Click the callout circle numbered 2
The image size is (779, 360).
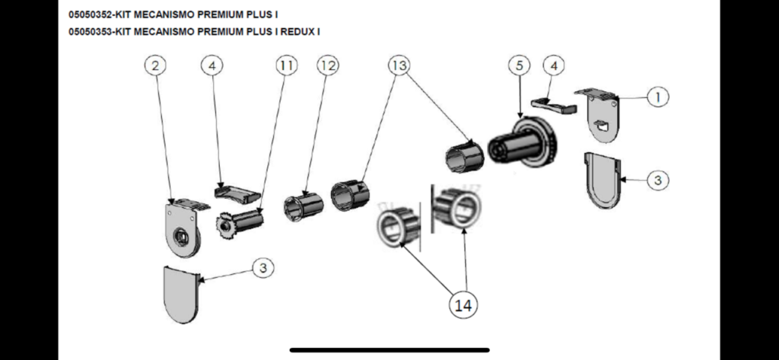tap(155, 66)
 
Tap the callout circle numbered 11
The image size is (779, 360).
tap(285, 66)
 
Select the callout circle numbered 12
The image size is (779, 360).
tap(327, 66)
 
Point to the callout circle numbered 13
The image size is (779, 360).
tap(399, 66)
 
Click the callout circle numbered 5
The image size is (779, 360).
tap(520, 66)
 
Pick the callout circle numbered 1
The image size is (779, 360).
tap(657, 97)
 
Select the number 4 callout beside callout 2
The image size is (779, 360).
tap(211, 66)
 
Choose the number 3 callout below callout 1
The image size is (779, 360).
tap(658, 180)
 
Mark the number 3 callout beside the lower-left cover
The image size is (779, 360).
tap(262, 268)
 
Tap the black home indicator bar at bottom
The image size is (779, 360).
tap(389, 350)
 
